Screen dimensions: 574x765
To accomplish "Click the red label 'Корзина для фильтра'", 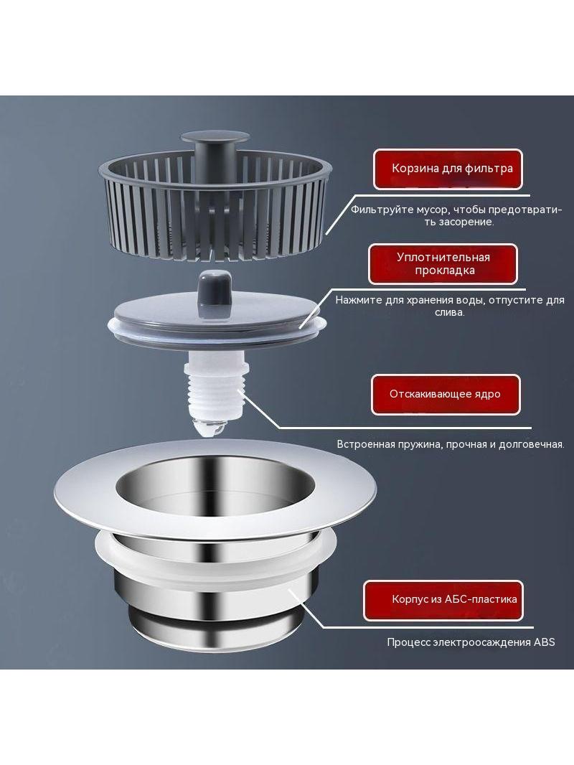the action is click(448, 169).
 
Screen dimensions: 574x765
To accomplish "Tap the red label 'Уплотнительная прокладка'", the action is click(443, 264).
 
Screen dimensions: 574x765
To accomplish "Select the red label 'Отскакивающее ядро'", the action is click(446, 394).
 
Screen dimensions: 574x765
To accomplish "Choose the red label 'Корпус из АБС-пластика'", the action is click(443, 600).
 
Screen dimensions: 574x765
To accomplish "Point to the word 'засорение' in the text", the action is click(470, 222).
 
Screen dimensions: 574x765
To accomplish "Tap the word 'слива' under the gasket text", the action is click(449, 312).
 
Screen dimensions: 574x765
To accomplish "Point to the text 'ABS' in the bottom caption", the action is click(545, 642).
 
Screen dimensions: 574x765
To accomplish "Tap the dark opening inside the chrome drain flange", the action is click(214, 486).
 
